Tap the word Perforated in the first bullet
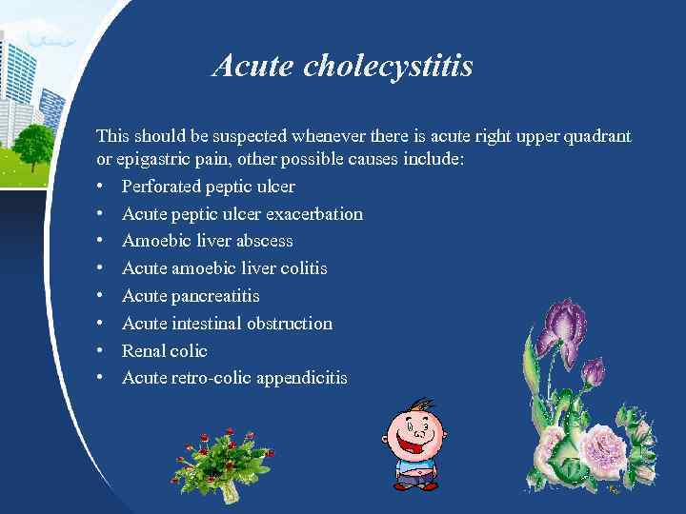point(160,187)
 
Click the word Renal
point(143,351)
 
